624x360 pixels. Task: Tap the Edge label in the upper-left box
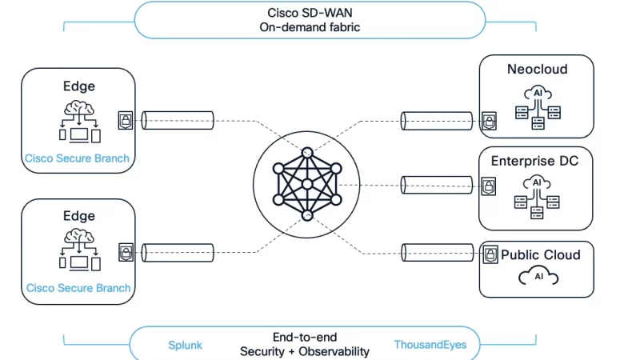[x=78, y=86]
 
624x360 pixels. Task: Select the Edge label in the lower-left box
[x=78, y=216]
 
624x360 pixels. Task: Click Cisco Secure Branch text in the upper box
[x=78, y=158]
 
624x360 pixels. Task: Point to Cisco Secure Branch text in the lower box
[x=78, y=288]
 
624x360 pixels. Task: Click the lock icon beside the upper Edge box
[x=126, y=121]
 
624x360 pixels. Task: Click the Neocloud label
[x=537, y=70]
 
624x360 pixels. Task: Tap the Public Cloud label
[x=540, y=255]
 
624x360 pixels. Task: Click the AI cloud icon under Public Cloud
[x=538, y=277]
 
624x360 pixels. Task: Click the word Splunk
[x=185, y=345]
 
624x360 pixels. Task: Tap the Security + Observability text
[x=305, y=351]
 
